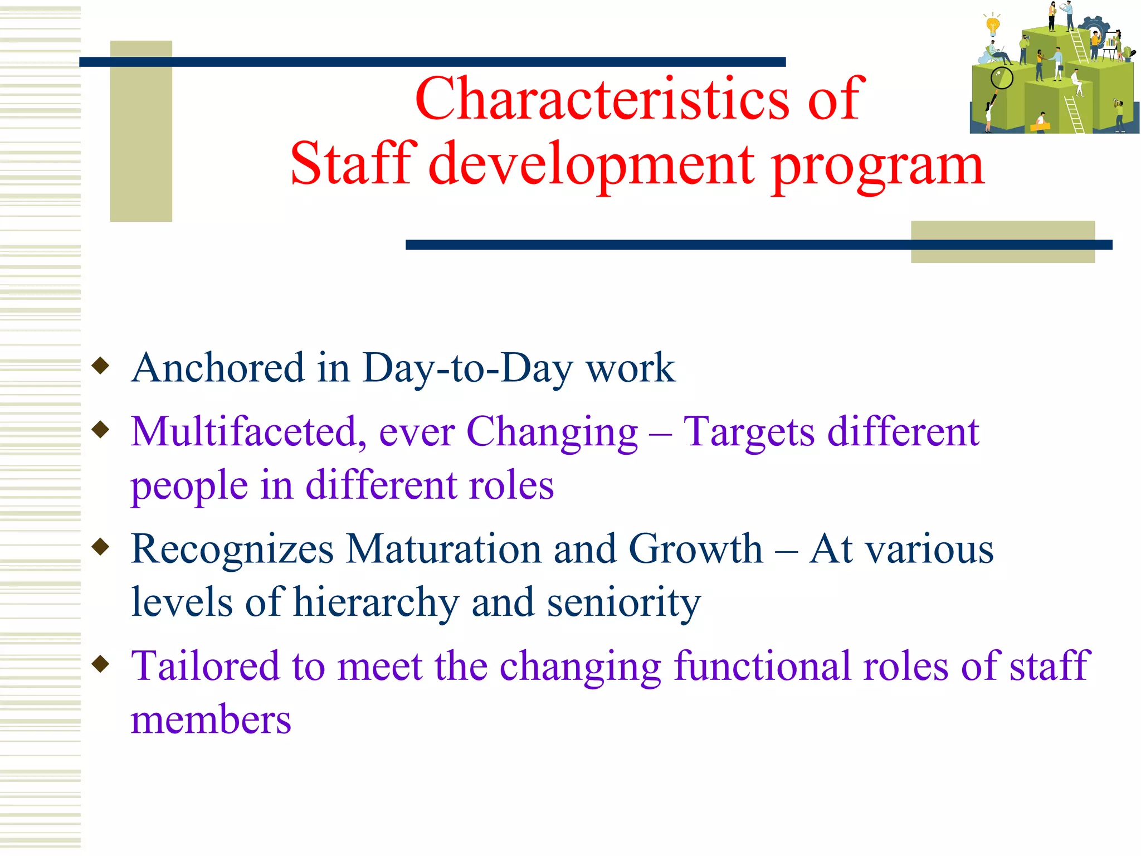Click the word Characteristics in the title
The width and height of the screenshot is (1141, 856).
(602, 99)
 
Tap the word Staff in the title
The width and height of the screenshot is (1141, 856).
(353, 164)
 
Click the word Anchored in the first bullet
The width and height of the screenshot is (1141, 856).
(218, 368)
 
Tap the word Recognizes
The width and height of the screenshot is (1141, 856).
(232, 549)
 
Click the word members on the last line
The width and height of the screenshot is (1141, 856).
(211, 719)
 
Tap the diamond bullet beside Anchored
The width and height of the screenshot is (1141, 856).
(101, 366)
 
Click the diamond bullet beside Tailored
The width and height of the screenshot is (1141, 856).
(101, 664)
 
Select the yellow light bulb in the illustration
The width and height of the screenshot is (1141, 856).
(992, 25)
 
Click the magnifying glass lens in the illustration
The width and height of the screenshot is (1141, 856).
(1001, 78)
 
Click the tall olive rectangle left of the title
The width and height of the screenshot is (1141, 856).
(141, 131)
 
